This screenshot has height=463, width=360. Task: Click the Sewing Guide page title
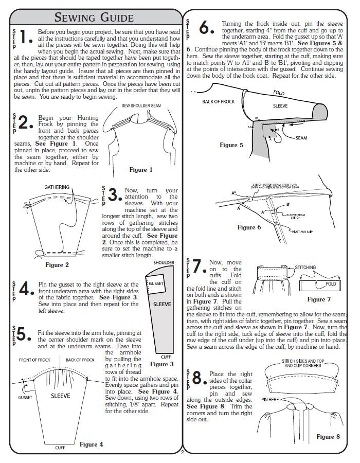[x=94, y=17]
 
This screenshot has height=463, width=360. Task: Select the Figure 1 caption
[x=141, y=169]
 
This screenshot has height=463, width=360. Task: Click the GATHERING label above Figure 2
[x=57, y=187]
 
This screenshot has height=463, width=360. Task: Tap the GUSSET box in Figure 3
[x=156, y=283]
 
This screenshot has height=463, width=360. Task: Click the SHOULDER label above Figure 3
[x=164, y=262]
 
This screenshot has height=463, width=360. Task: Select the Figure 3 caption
[x=162, y=364]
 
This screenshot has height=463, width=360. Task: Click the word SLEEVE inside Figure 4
[x=60, y=396]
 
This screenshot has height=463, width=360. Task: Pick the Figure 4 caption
[x=91, y=444]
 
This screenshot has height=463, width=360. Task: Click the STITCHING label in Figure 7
[x=305, y=268]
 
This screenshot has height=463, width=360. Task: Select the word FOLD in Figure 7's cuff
[x=331, y=284]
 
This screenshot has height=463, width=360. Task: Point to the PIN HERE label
[x=271, y=399]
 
